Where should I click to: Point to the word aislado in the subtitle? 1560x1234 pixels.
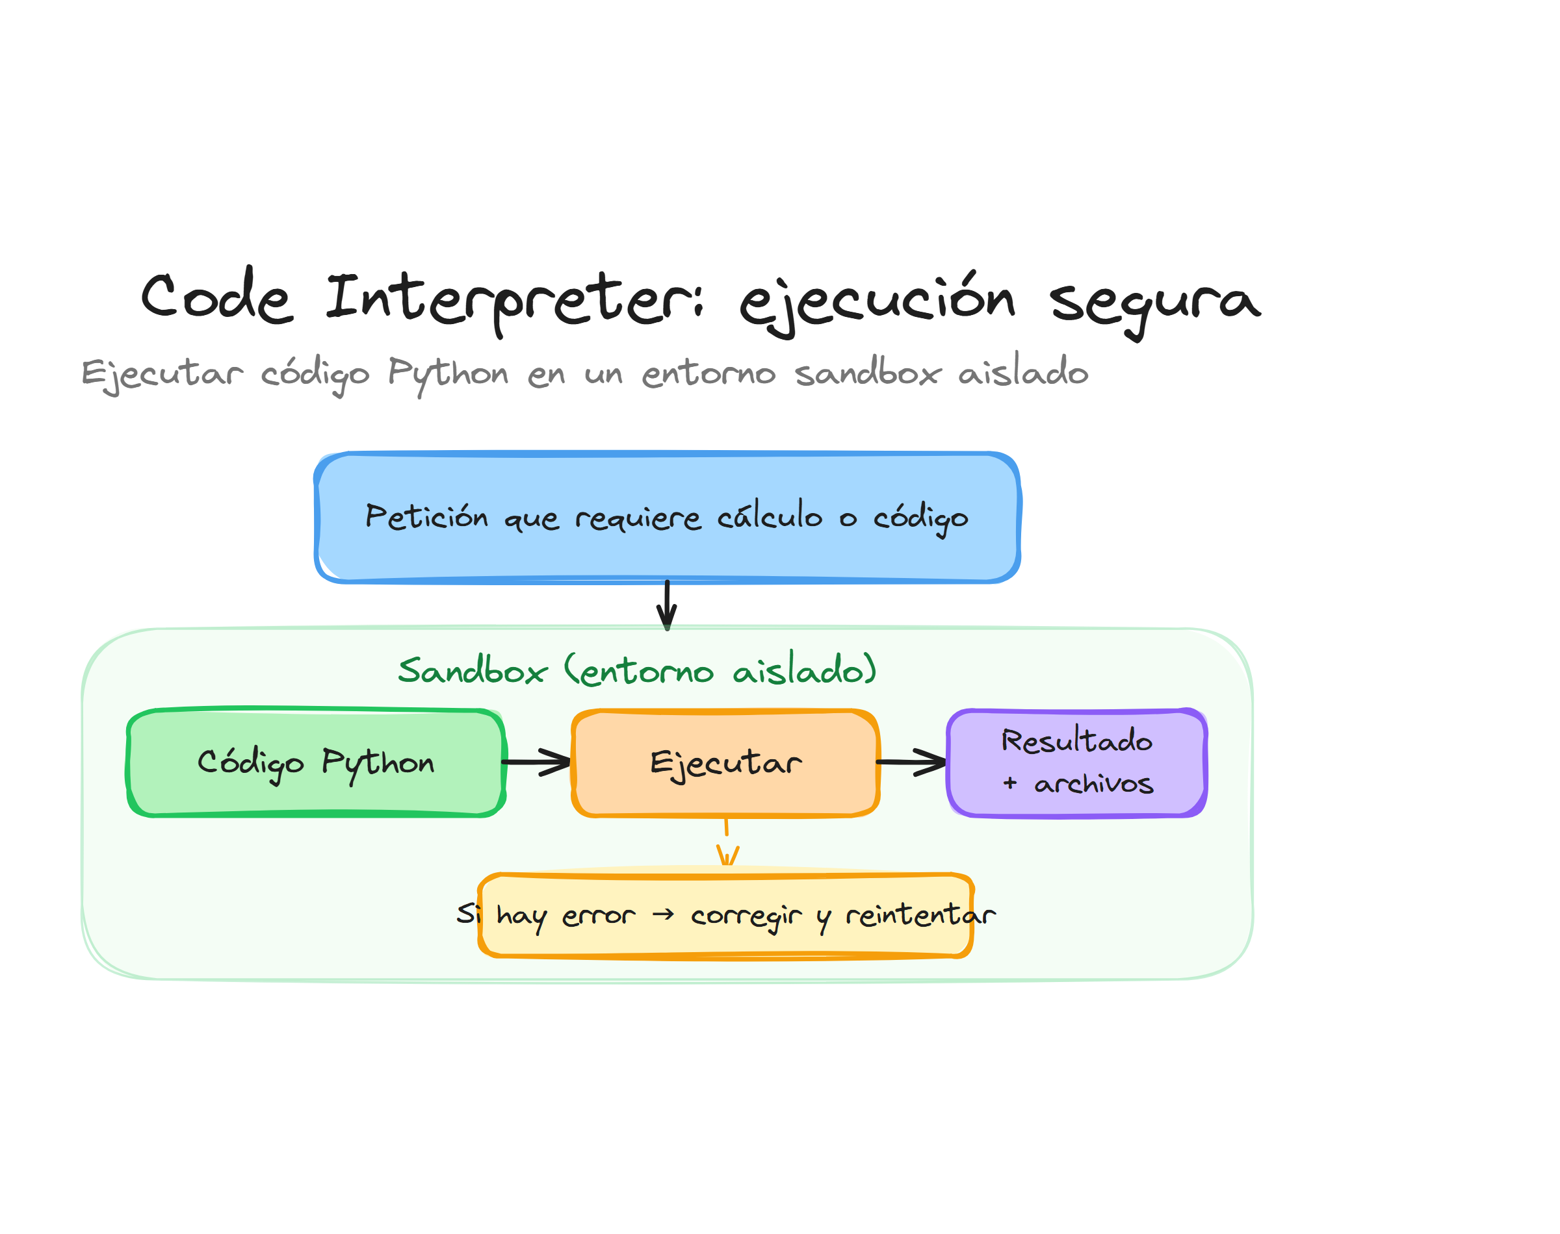(1022, 372)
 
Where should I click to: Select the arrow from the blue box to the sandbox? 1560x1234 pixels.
(666, 605)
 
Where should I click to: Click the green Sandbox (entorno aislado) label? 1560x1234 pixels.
(636, 670)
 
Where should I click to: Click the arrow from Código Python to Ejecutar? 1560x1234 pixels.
(536, 761)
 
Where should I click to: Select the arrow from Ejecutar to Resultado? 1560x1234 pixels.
(911, 761)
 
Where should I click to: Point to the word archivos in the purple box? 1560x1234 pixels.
(1093, 784)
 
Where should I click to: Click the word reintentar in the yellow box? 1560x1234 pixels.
(920, 915)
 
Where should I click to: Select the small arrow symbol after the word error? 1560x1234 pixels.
(662, 914)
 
